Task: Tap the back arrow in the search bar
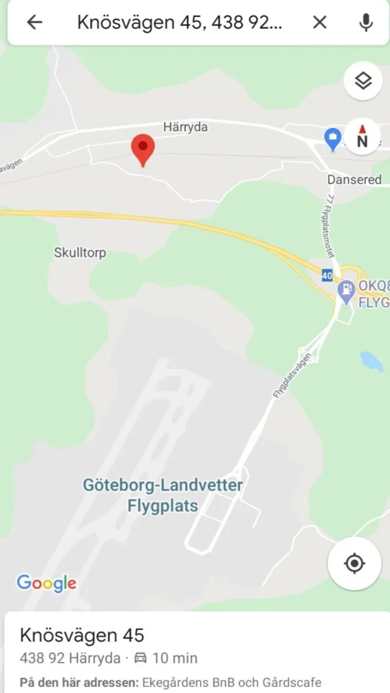(x=35, y=22)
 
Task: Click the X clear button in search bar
(x=319, y=22)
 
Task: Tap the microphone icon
(x=365, y=22)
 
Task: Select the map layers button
(x=363, y=81)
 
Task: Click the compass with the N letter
(x=362, y=137)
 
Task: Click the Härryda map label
(x=185, y=127)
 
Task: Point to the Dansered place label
(x=354, y=179)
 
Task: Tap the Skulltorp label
(x=80, y=253)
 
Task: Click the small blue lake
(x=372, y=361)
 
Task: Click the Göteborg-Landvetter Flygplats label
(x=163, y=495)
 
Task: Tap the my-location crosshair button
(x=354, y=563)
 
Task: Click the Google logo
(x=46, y=583)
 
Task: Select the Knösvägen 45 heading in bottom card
(x=82, y=635)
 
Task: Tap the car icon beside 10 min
(x=141, y=658)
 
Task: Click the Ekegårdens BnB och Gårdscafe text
(x=231, y=682)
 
